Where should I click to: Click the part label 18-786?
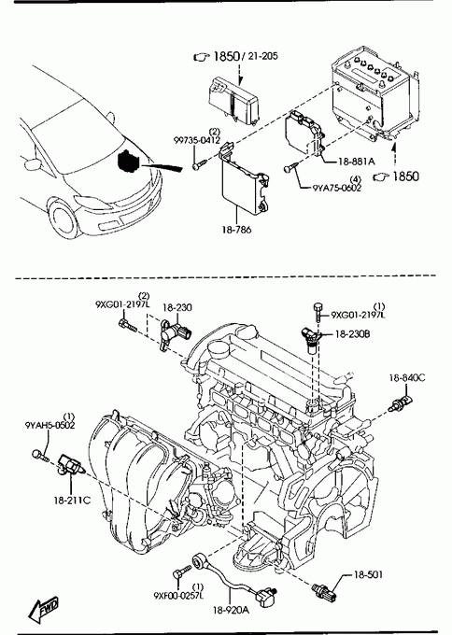pos(236,230)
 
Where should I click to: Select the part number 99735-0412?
pos(197,140)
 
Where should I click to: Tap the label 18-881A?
pos(356,162)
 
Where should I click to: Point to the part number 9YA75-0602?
pos(337,188)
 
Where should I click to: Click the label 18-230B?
pos(352,334)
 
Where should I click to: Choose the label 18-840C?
pos(407,378)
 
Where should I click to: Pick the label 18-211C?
pos(72,501)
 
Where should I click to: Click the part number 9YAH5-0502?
pos(49,425)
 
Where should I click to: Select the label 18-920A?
pos(231,610)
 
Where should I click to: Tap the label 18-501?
pos(368,574)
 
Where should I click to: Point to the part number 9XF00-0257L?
pos(178,596)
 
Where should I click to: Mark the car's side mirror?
pos(33,164)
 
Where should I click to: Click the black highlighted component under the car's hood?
pos(129,162)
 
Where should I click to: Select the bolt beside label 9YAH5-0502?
pos(40,456)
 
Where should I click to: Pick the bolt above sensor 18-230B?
pos(318,311)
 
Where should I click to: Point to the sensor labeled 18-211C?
pos(70,466)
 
